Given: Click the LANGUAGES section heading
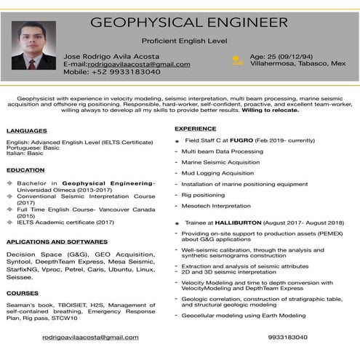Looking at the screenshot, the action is [26, 131].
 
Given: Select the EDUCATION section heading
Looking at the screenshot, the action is [25, 170].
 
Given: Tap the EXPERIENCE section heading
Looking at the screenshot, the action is [195, 129].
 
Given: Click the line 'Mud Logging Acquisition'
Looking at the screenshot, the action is [218, 173].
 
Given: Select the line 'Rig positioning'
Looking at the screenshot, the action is [204, 195].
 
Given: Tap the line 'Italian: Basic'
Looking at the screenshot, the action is [25, 153].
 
